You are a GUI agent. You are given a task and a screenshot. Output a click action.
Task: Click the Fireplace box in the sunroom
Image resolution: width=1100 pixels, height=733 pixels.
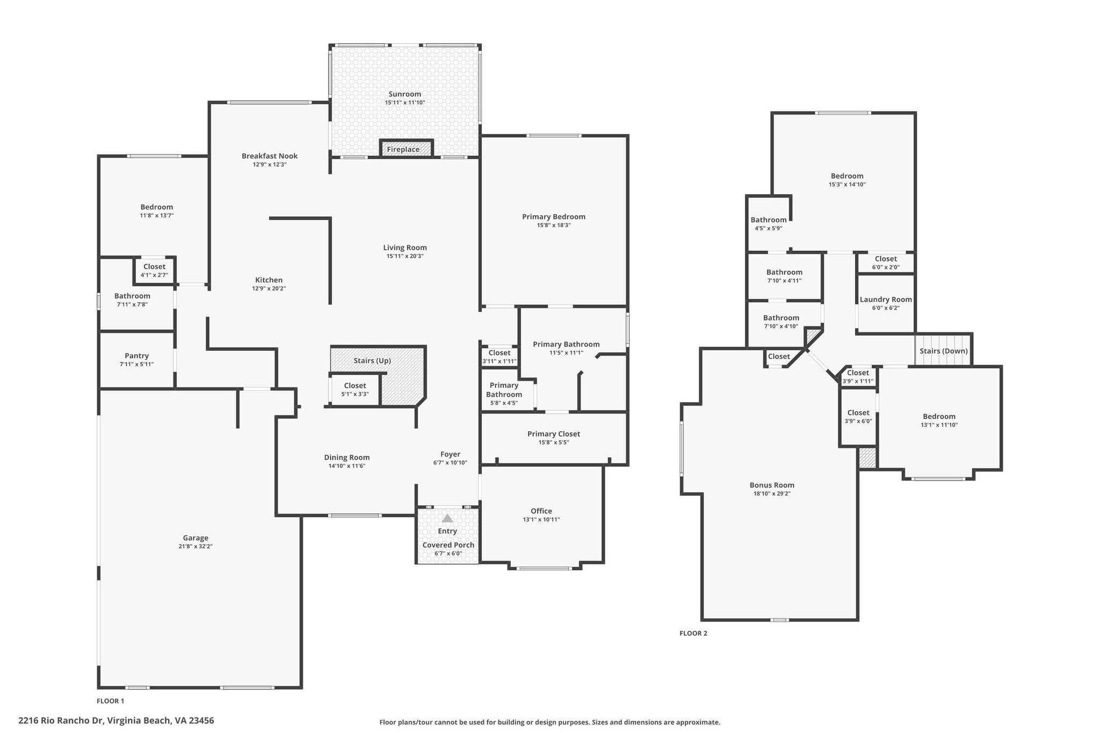coord(406,148)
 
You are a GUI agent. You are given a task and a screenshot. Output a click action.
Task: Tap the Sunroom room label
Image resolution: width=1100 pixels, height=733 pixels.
coord(405,94)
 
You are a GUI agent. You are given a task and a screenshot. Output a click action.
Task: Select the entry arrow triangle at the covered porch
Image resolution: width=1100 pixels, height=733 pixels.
coord(447,519)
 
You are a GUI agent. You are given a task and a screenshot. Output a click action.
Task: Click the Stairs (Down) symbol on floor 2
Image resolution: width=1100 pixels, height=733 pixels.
coord(944,350)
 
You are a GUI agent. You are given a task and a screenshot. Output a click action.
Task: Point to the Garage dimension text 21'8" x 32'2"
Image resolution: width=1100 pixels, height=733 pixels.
coord(196,546)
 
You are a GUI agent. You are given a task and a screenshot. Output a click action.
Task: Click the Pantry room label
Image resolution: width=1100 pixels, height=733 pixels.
coord(137,355)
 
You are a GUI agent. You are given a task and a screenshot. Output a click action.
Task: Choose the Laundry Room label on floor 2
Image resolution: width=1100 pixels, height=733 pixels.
coord(886,300)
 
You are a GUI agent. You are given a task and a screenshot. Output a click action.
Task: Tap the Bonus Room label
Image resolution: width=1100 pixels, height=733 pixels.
coord(772,485)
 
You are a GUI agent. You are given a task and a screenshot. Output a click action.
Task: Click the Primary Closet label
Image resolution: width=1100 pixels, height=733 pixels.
coord(554,434)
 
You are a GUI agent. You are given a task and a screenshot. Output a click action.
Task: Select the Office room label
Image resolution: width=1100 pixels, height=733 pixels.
coord(541,511)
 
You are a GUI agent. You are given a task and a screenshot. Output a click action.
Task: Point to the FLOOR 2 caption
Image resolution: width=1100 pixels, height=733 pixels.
coord(693,633)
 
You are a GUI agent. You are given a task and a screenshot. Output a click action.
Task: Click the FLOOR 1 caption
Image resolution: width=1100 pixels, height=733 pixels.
coord(110,701)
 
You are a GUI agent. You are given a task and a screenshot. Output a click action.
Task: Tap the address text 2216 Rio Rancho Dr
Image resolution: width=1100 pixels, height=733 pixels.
coord(62,721)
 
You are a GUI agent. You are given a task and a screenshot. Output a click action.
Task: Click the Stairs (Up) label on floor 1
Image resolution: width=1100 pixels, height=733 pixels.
coord(372,360)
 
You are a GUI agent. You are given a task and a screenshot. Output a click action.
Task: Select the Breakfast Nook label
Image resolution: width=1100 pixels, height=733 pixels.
coord(270,156)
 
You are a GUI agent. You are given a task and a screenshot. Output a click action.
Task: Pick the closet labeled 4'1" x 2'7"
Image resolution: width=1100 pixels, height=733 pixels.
coord(154,270)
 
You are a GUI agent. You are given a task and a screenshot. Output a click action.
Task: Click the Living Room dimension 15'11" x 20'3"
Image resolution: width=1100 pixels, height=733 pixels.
coord(405,256)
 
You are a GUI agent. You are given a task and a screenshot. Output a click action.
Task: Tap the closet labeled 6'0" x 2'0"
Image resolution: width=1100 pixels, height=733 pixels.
coord(886,263)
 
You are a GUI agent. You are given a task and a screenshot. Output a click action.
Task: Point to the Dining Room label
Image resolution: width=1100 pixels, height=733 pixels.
coord(347,458)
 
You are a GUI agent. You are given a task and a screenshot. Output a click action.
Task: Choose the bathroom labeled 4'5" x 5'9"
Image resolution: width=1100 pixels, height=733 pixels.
coord(769,223)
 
